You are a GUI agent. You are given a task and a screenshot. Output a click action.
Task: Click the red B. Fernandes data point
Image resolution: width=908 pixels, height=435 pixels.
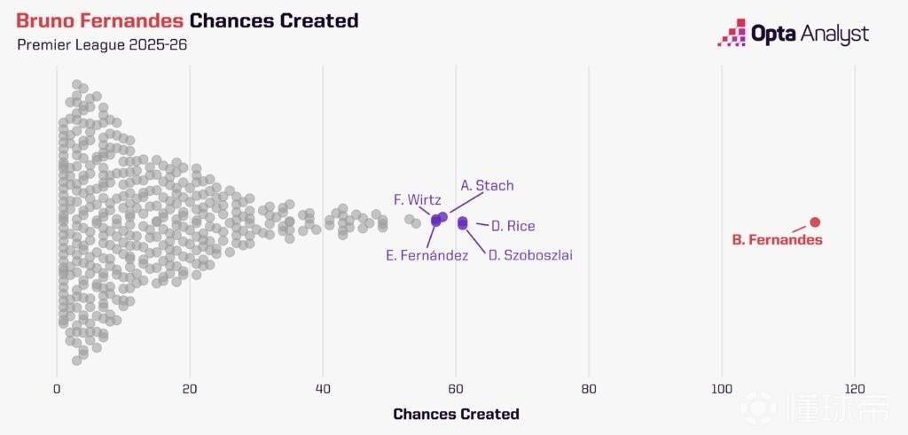pyautogui.click(x=815, y=222)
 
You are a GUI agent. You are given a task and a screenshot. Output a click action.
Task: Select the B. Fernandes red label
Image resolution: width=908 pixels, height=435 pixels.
pyautogui.click(x=777, y=239)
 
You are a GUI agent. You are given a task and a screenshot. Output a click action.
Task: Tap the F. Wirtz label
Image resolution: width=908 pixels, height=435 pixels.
pyautogui.click(x=418, y=200)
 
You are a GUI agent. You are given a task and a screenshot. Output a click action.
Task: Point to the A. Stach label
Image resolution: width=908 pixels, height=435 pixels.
pyautogui.click(x=487, y=186)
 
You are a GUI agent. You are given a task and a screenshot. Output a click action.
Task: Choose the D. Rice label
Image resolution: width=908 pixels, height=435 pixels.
pyautogui.click(x=513, y=226)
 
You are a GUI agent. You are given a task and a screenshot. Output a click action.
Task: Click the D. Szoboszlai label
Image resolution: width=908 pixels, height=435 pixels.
pyautogui.click(x=530, y=255)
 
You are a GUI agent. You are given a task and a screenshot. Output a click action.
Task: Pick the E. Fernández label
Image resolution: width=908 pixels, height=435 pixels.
pyautogui.click(x=427, y=255)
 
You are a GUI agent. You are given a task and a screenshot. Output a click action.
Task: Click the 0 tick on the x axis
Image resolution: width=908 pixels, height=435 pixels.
pyautogui.click(x=57, y=389)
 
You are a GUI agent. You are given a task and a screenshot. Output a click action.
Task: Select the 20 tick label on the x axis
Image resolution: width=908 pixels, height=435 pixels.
pyautogui.click(x=190, y=389)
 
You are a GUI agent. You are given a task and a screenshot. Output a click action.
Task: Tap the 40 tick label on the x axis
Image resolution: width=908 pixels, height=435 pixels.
pyautogui.click(x=323, y=389)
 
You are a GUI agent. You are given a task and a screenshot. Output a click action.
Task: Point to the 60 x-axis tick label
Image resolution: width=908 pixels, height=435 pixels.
pyautogui.click(x=456, y=389)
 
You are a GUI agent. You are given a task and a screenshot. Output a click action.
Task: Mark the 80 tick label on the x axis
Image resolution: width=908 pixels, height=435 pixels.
pyautogui.click(x=589, y=389)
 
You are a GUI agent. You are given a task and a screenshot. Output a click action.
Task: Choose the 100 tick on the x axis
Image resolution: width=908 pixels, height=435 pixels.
pyautogui.click(x=722, y=389)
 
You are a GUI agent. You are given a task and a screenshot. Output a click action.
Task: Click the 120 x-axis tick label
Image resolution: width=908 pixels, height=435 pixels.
pyautogui.click(x=855, y=389)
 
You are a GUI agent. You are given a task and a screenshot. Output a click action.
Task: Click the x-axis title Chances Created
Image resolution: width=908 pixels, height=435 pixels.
pyautogui.click(x=456, y=414)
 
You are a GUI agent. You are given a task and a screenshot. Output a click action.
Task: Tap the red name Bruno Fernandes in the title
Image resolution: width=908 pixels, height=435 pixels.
pyautogui.click(x=100, y=21)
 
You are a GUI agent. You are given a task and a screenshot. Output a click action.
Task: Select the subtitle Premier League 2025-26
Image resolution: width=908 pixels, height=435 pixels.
pyautogui.click(x=102, y=45)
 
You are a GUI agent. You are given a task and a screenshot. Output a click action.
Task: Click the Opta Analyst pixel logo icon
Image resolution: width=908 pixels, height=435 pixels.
pyautogui.click(x=732, y=33)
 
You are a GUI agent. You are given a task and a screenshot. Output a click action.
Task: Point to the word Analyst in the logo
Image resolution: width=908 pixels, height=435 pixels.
pyautogui.click(x=834, y=35)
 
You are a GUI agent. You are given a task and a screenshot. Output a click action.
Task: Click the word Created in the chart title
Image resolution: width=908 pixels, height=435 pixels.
pyautogui.click(x=319, y=21)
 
